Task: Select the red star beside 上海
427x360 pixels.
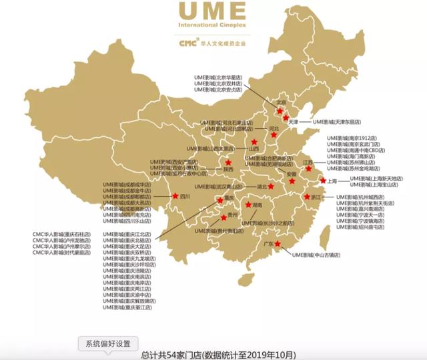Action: click(x=322, y=181)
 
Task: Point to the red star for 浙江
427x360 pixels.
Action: click(x=307, y=197)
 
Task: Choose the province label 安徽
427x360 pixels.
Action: click(x=291, y=173)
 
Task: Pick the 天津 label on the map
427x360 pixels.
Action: click(x=294, y=123)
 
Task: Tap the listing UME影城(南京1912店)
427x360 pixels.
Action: click(x=353, y=138)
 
